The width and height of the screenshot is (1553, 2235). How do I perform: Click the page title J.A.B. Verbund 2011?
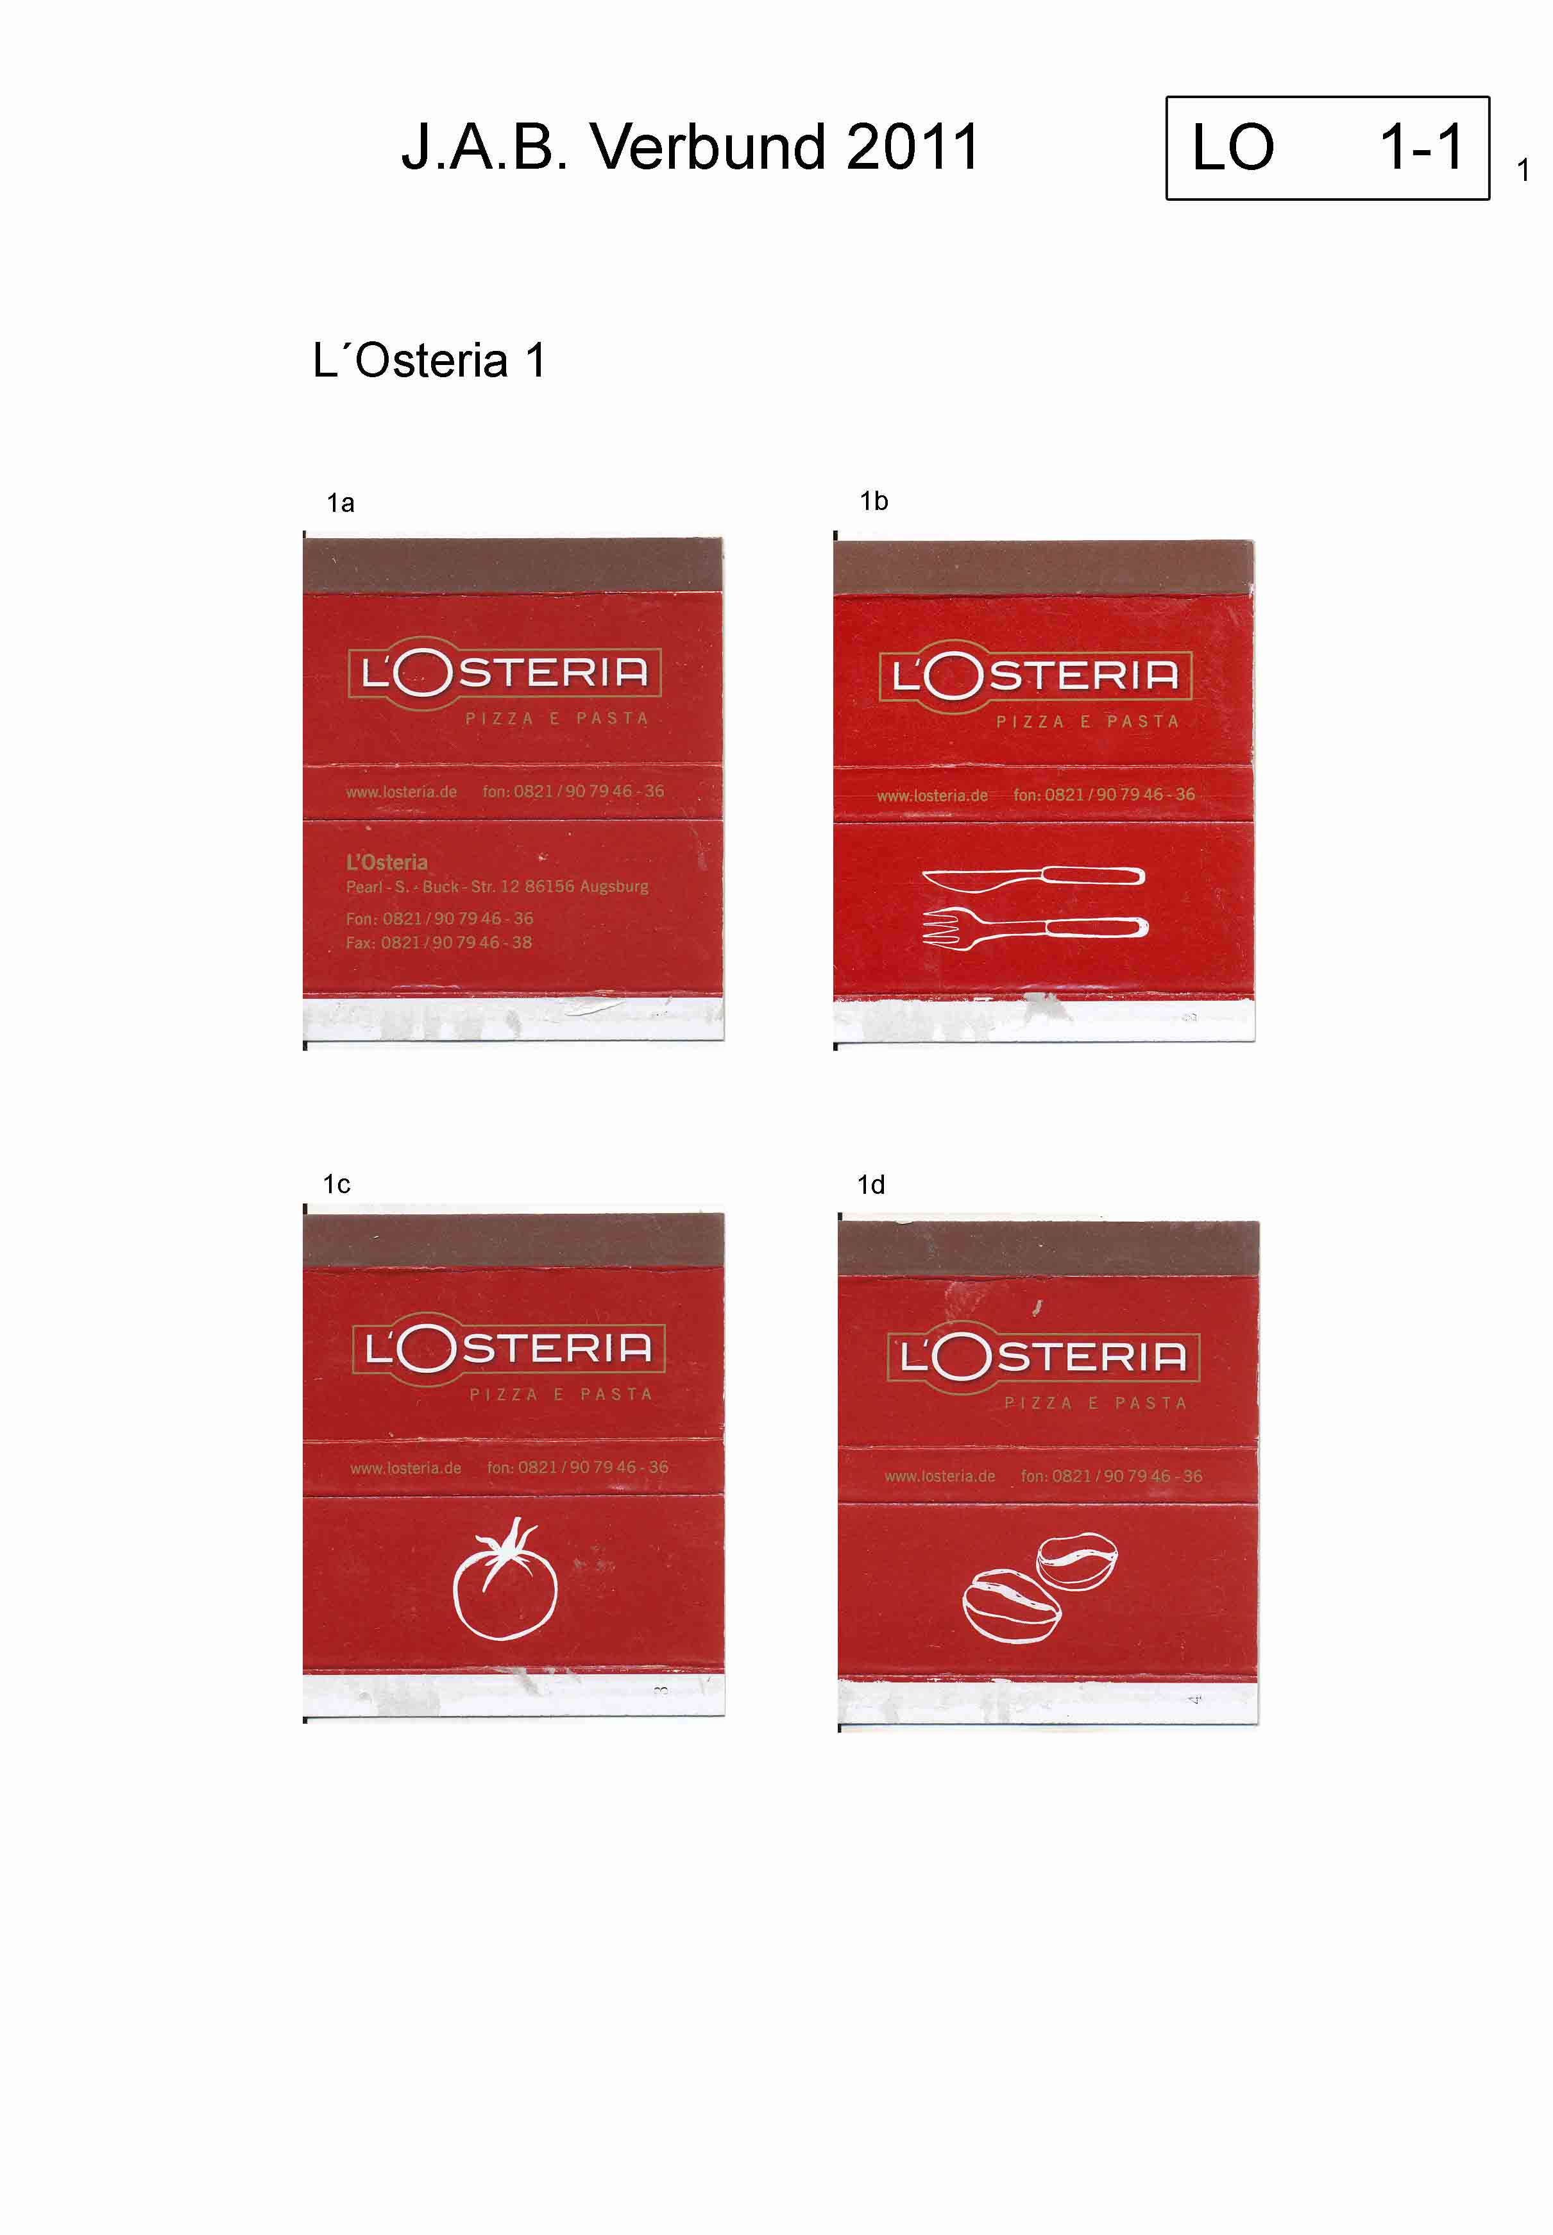coord(690,148)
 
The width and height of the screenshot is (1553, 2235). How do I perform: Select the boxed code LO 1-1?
coord(1327,148)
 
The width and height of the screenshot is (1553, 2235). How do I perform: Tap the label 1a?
coord(341,503)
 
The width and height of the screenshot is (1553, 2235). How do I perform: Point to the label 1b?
coord(874,501)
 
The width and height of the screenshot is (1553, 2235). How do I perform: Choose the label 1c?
coord(337,1184)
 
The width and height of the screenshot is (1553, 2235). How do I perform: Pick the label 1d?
coord(871,1185)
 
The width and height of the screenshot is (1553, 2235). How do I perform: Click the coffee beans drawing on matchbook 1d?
coord(1039,1587)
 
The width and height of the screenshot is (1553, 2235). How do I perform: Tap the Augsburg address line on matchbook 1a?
coord(497,887)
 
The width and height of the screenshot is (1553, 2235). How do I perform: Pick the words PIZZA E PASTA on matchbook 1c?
coord(561,1395)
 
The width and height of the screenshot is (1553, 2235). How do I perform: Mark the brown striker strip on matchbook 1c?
coord(514,1241)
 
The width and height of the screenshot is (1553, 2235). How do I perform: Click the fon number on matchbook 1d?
coord(1111,1476)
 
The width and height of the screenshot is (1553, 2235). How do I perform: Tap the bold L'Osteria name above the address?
coord(386,862)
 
